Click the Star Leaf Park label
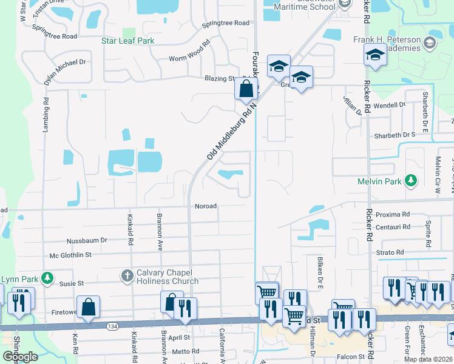click(x=127, y=41)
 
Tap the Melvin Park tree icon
click(x=412, y=180)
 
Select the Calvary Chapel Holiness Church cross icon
click(x=127, y=276)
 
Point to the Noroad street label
click(x=205, y=206)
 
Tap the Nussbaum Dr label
click(x=86, y=240)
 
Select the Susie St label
click(x=71, y=283)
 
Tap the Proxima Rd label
click(x=393, y=214)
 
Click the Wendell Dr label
click(x=389, y=104)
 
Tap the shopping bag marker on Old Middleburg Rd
click(x=246, y=89)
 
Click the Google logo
click(x=20, y=356)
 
